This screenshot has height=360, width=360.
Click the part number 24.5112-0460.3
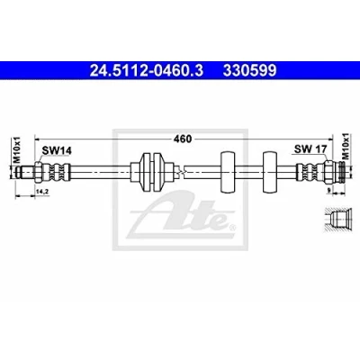coord(147,71)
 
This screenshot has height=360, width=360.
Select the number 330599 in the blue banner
coord(249,71)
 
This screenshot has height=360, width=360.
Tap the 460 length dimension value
coord(183,139)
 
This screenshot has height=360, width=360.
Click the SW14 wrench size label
coord(57,150)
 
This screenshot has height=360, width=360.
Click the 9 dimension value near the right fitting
coord(328,190)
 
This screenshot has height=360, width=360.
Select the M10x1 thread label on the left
coord(17,149)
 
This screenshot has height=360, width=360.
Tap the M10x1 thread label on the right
coord(346,146)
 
